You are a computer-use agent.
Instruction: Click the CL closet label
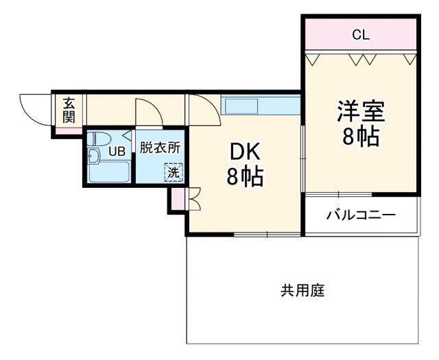click(361, 35)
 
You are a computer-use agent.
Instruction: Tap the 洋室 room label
click(360, 110)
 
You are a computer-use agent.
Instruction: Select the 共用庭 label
click(302, 290)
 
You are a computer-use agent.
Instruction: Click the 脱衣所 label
click(160, 147)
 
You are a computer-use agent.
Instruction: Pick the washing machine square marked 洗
click(174, 172)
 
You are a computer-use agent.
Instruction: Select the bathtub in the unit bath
click(110, 172)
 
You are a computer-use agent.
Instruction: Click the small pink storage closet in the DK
click(177, 198)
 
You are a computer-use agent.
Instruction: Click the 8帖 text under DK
click(245, 178)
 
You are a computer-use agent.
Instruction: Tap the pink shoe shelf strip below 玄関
click(69, 130)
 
